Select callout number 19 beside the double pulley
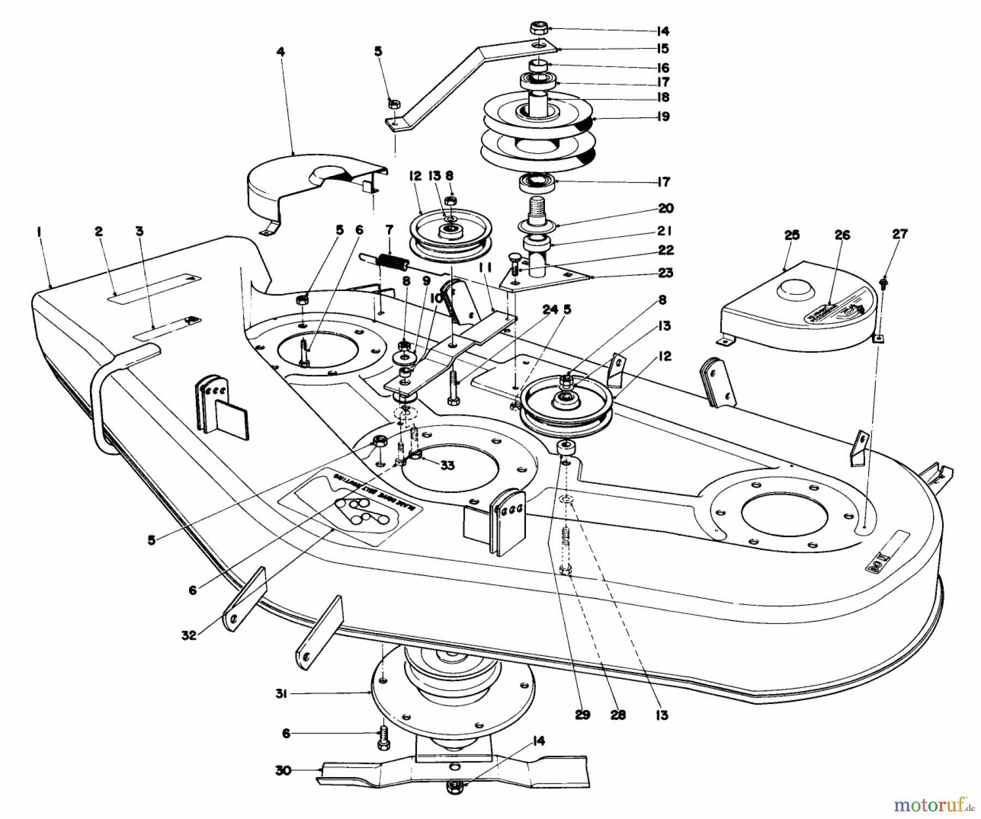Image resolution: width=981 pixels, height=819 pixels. tap(663, 117)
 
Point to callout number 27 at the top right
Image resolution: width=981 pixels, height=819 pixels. tap(899, 234)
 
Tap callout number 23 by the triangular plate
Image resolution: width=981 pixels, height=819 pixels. tap(665, 273)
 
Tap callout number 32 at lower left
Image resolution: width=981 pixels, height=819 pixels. tap(189, 635)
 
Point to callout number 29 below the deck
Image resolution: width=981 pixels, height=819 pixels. tap(583, 715)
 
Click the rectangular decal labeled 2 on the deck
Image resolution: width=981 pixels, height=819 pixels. tap(155, 286)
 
